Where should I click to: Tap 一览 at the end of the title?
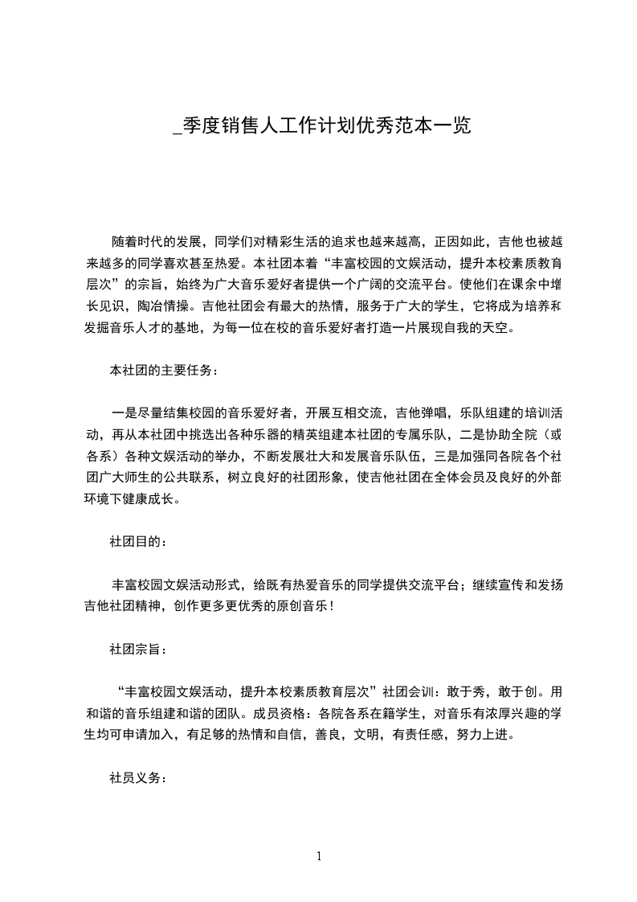(x=451, y=125)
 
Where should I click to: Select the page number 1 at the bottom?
(x=319, y=856)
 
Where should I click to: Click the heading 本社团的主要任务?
(x=163, y=371)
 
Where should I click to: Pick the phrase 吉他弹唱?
(x=424, y=413)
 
